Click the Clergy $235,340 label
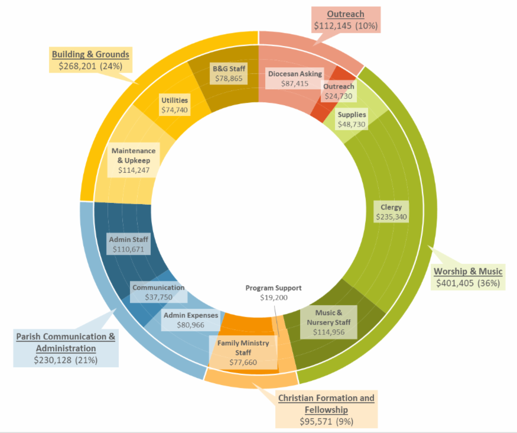pyautogui.click(x=391, y=212)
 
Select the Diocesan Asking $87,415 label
pyautogui.click(x=295, y=79)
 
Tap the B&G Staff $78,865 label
pyautogui.click(x=229, y=74)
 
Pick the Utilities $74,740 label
pyautogui.click(x=174, y=105)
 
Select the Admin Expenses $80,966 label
pyautogui.click(x=191, y=320)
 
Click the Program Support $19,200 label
pyautogui.click(x=274, y=293)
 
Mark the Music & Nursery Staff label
pyautogui.click(x=328, y=322)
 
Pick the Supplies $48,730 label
pyautogui.click(x=352, y=119)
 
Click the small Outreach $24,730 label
pyautogui.click(x=339, y=91)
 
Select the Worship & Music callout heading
pyautogui.click(x=468, y=272)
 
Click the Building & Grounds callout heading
pyautogui.click(x=90, y=54)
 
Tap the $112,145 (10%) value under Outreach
pyautogui.click(x=346, y=26)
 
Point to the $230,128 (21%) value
pyautogui.click(x=66, y=360)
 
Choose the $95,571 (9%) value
pyautogui.click(x=327, y=422)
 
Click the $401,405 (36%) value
pyautogui.click(x=468, y=283)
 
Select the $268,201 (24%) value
pyautogui.click(x=90, y=66)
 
